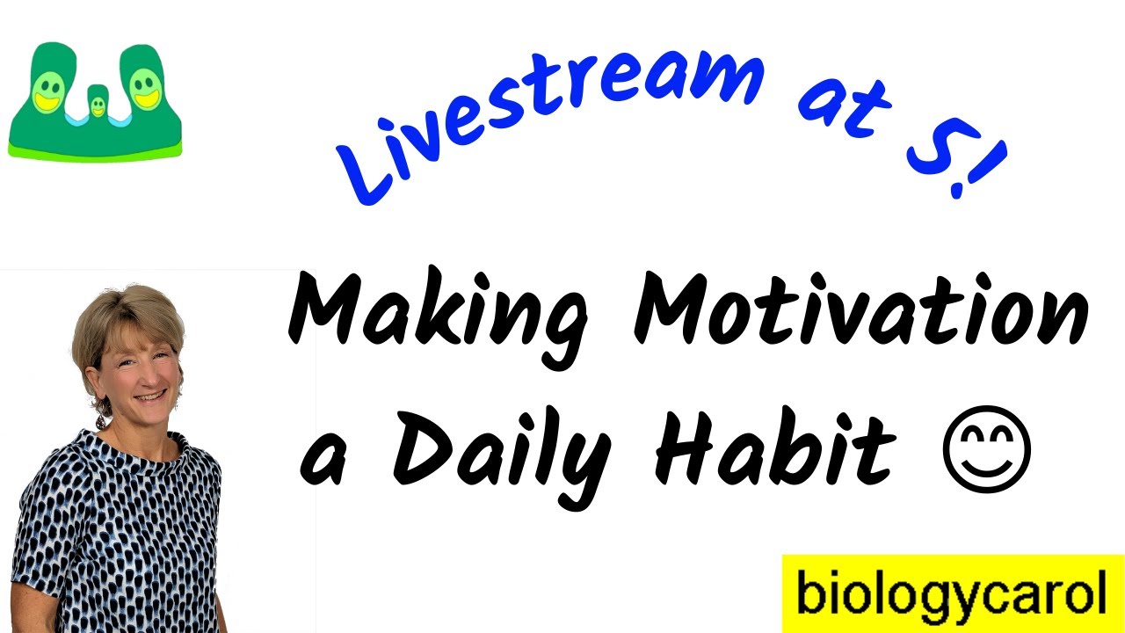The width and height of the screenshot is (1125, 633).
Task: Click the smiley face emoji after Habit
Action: [x=985, y=449]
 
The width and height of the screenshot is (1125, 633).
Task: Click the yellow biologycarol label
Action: [x=952, y=593]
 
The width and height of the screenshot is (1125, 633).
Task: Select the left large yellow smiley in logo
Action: [x=50, y=91]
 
